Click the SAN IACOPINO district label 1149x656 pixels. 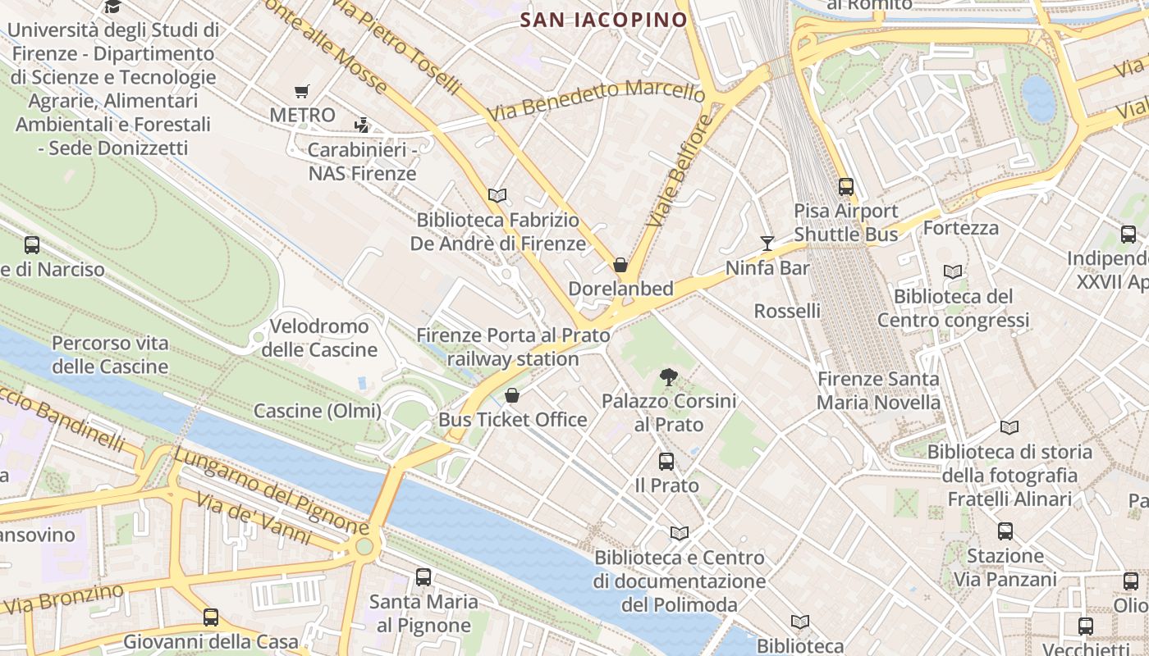click(603, 20)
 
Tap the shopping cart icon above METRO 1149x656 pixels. click(302, 92)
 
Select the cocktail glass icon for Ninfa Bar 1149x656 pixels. click(767, 243)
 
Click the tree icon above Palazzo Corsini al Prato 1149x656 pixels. click(669, 377)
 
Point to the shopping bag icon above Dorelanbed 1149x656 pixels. click(620, 265)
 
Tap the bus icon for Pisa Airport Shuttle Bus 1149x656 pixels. click(846, 187)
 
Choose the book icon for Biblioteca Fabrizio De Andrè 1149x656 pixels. click(497, 196)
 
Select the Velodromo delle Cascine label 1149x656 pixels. click(319, 338)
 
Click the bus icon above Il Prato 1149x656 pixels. click(666, 462)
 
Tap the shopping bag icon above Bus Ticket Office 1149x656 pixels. click(512, 396)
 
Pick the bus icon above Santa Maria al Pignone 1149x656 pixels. click(423, 577)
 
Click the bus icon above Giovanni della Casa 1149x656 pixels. click(211, 617)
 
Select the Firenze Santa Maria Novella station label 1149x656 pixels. click(878, 391)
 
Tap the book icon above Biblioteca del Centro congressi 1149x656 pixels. click(953, 272)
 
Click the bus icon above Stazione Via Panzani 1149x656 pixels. click(1005, 531)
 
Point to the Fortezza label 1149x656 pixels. click(961, 228)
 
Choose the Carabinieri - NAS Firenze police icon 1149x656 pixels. click(362, 125)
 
